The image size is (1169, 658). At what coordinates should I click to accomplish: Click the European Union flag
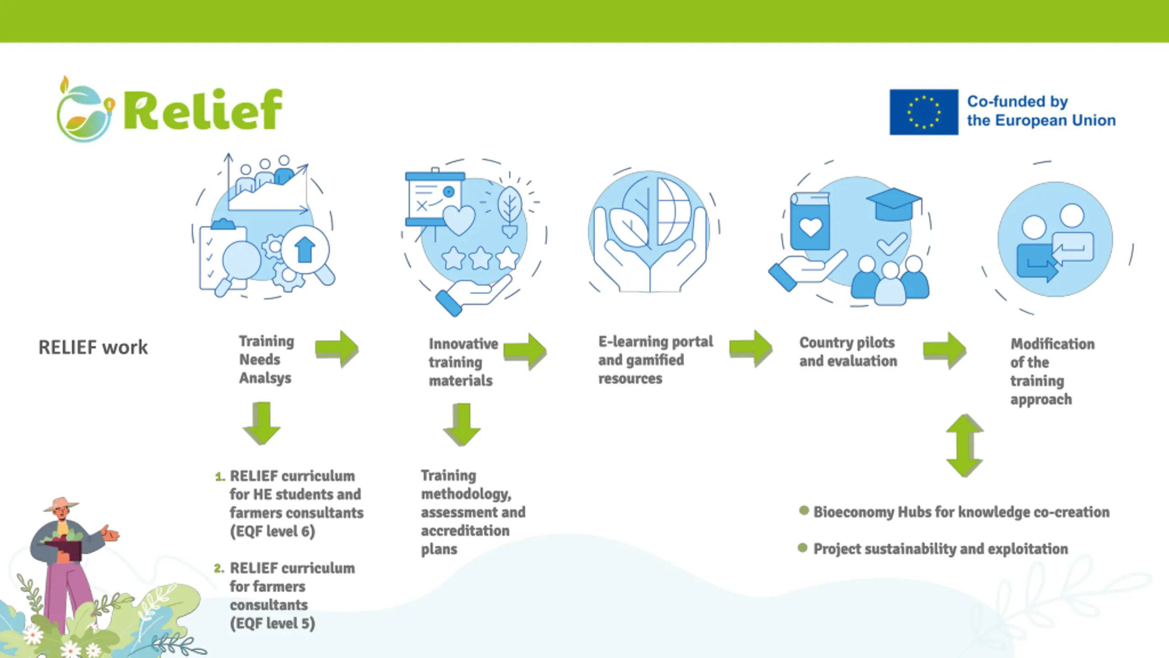point(924,112)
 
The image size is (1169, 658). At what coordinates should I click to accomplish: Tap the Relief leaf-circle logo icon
point(85,110)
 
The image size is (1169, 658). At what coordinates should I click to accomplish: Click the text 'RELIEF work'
point(93,347)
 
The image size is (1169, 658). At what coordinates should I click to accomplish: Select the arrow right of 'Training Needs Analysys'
point(337,349)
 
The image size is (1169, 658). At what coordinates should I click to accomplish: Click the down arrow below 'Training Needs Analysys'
point(262,423)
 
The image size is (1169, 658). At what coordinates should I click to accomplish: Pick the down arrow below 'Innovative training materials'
point(462,425)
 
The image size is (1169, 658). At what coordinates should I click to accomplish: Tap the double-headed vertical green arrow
point(964,446)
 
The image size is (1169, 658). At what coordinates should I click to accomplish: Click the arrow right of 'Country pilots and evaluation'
point(945,350)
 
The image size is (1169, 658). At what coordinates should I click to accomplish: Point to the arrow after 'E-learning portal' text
point(751,349)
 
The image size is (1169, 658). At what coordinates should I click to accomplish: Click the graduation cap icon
point(894,204)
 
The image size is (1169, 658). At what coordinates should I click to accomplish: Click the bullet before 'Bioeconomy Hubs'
point(804,511)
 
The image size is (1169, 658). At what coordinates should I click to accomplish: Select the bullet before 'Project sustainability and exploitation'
point(803,547)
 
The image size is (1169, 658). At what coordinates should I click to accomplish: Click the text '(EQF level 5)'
point(273,623)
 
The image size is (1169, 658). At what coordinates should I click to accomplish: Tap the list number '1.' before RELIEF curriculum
point(220,477)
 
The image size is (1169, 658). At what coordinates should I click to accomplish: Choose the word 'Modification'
point(1053,344)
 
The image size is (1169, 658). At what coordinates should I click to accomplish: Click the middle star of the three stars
point(480,258)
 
